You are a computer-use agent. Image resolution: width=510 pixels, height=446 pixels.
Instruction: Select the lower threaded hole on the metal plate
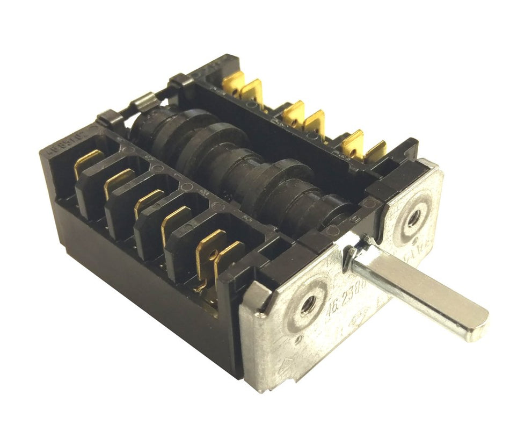(x=307, y=305)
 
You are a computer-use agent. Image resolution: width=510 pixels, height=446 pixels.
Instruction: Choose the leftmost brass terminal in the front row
(x=88, y=161)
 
